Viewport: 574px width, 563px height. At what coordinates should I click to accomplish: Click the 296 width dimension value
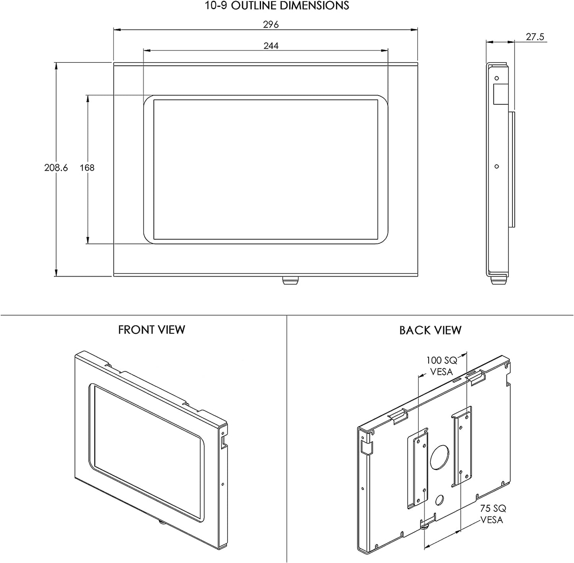click(271, 24)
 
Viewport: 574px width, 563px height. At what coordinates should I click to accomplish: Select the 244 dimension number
click(271, 46)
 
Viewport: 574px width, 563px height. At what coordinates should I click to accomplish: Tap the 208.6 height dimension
click(56, 168)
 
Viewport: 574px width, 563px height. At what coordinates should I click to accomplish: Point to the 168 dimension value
click(87, 168)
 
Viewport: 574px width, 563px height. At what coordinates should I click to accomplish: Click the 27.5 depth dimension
click(535, 37)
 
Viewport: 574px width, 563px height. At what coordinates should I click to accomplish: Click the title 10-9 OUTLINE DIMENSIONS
click(277, 6)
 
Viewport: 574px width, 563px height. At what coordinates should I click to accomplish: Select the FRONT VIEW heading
click(151, 330)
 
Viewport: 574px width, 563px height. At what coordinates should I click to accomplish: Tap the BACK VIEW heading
click(430, 330)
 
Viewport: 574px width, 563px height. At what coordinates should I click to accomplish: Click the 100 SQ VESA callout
click(442, 366)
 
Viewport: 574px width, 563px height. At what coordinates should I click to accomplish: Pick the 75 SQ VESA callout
click(493, 514)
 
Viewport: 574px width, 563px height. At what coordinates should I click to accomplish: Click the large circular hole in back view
click(440, 457)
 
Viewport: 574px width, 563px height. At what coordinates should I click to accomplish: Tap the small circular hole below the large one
click(439, 500)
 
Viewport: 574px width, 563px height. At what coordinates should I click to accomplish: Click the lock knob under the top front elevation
click(291, 281)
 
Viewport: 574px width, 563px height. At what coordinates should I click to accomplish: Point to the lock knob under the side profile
click(499, 280)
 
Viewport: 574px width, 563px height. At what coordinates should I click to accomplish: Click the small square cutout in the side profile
click(501, 94)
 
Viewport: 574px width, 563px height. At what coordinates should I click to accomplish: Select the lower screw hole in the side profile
click(497, 167)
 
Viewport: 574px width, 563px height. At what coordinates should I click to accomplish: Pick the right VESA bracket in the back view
click(462, 446)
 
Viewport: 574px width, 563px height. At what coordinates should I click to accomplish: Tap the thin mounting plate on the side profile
click(512, 169)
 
